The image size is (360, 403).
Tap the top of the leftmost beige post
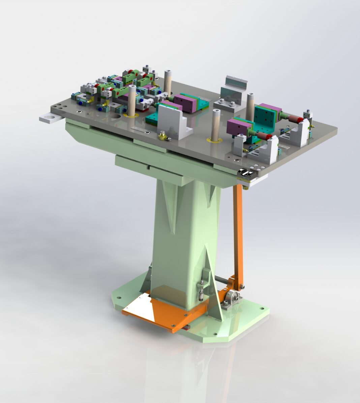point(132,88)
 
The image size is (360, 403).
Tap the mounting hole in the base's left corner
point(119,297)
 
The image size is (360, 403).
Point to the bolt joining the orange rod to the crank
point(241,287)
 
